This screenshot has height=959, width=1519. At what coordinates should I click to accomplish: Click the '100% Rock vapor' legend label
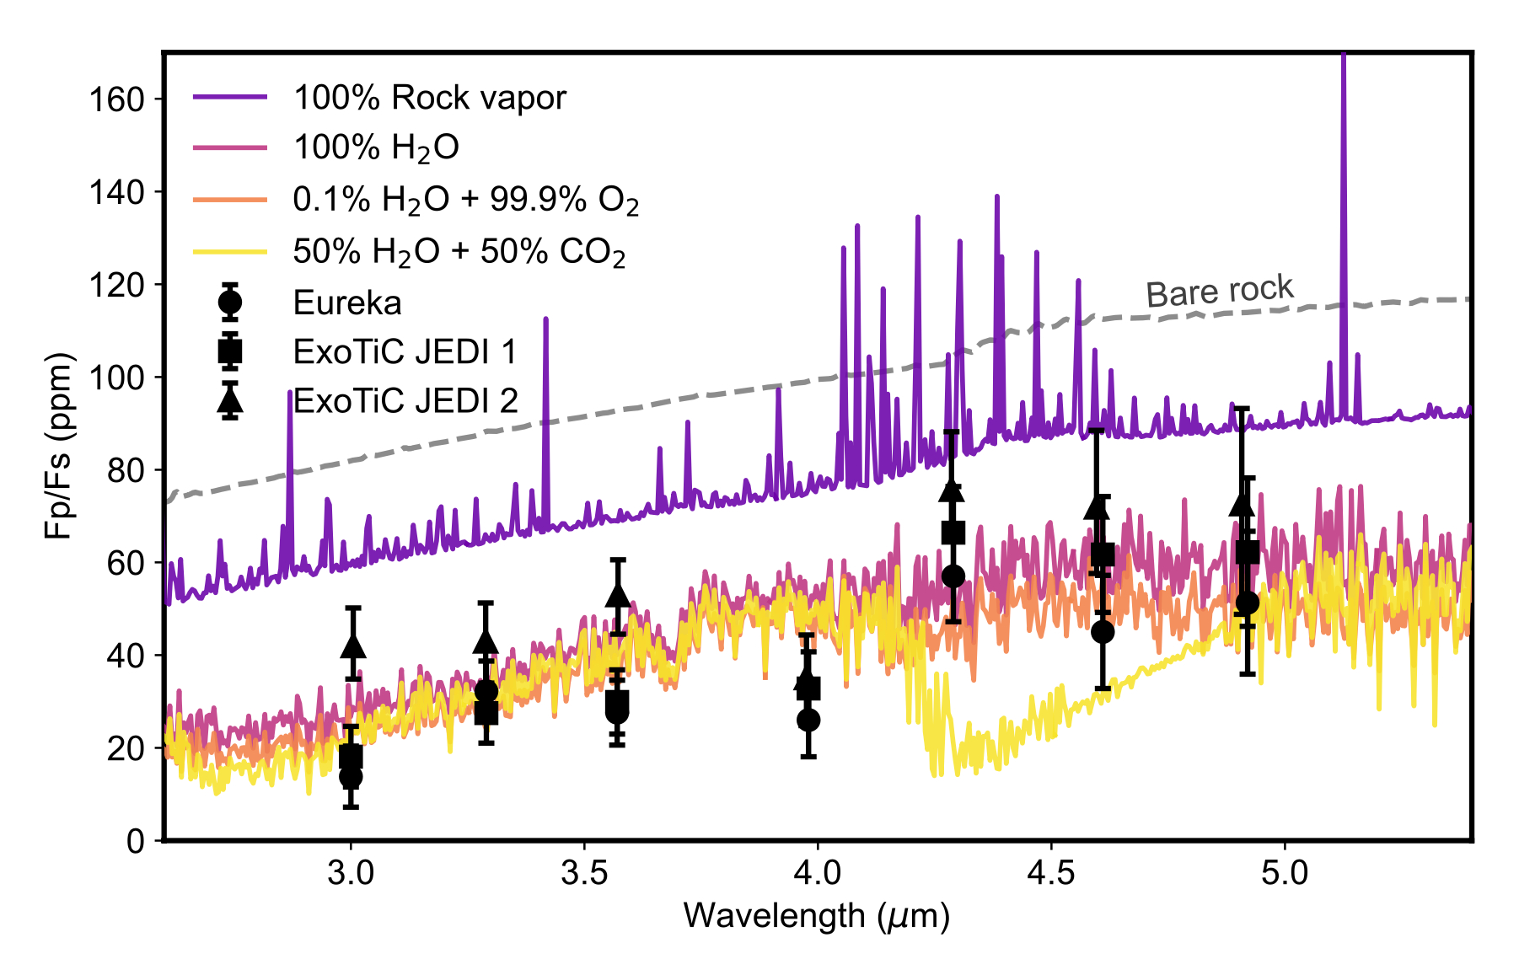click(x=429, y=98)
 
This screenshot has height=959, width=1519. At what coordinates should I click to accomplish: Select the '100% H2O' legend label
click(x=376, y=147)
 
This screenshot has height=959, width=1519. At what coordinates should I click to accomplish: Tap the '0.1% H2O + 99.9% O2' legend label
click(x=465, y=200)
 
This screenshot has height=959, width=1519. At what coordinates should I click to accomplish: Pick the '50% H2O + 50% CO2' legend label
click(x=459, y=251)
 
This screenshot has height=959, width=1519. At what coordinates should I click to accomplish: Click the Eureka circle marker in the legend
click(x=229, y=302)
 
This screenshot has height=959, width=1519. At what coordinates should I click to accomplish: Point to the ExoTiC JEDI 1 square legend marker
click(x=229, y=351)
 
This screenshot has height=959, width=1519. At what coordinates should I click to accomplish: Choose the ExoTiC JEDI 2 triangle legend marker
click(x=229, y=400)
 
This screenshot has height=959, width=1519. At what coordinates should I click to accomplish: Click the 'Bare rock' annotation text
click(x=1219, y=291)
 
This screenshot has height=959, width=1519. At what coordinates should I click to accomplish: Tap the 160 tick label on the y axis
click(x=117, y=99)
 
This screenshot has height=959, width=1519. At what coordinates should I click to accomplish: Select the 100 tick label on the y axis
click(x=117, y=378)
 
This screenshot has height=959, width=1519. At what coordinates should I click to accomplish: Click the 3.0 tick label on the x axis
click(x=351, y=873)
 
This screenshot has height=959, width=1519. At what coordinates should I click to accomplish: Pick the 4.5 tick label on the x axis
click(x=1051, y=873)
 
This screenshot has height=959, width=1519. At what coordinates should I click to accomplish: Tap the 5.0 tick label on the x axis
click(x=1285, y=873)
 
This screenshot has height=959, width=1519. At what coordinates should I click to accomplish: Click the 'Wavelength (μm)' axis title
click(x=816, y=916)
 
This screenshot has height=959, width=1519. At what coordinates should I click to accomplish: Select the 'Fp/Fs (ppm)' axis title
click(x=59, y=446)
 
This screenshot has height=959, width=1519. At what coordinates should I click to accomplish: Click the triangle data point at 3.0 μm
click(x=353, y=646)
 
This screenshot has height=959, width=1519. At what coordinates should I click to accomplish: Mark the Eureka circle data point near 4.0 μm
click(x=808, y=720)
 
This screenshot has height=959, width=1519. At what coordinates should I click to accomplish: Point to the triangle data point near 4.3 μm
click(x=952, y=490)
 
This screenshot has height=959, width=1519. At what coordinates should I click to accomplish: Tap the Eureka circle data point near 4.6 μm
click(x=1102, y=632)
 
